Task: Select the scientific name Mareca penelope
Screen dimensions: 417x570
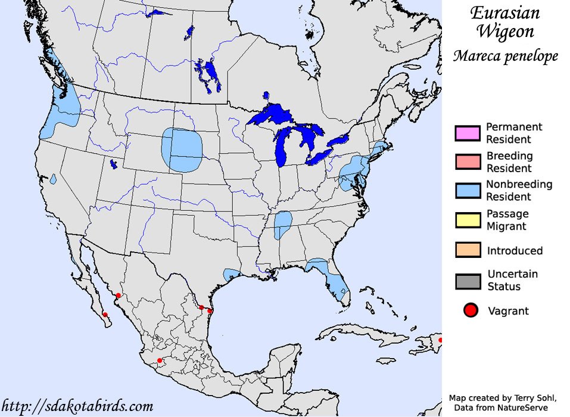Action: pyautogui.click(x=505, y=56)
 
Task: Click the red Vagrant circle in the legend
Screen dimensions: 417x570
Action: pyautogui.click(x=471, y=310)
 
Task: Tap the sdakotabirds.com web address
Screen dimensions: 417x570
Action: pyautogui.click(x=77, y=407)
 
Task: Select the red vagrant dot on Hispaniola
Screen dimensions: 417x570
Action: pyautogui.click(x=440, y=340)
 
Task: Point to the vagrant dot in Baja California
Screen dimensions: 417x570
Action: pyautogui.click(x=105, y=315)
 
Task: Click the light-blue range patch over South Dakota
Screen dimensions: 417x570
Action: pyautogui.click(x=182, y=149)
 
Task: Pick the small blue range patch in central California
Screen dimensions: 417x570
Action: pyautogui.click(x=54, y=178)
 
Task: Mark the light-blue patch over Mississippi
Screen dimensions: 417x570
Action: pyautogui.click(x=283, y=225)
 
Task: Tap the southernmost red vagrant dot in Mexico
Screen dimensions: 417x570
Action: pyautogui.click(x=159, y=360)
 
